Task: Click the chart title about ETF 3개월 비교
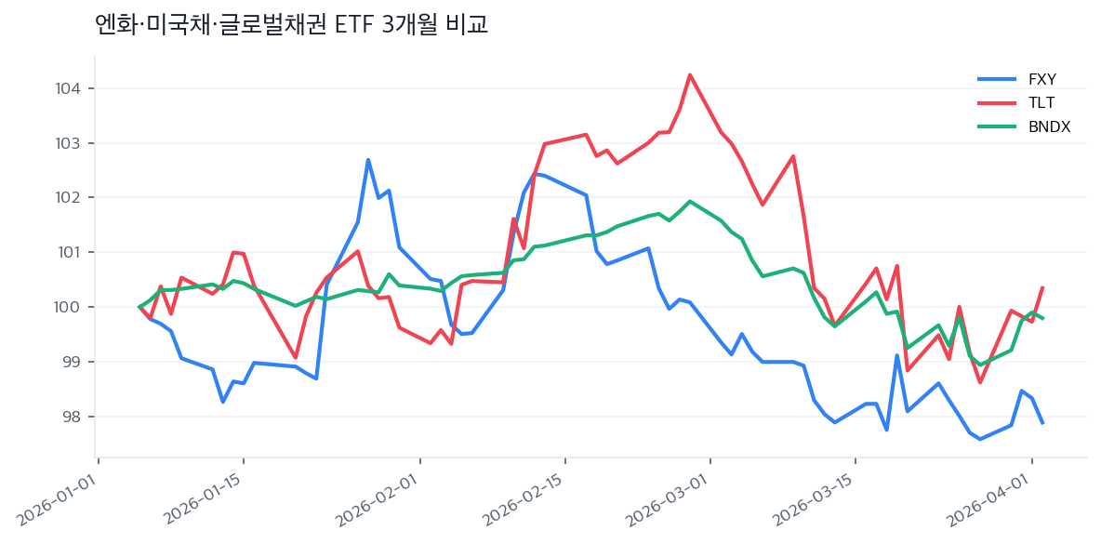pos(291,25)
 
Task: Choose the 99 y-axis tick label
pos(73,362)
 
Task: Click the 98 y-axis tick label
pos(73,417)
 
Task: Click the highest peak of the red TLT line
pos(689,74)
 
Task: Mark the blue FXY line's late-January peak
pos(368,159)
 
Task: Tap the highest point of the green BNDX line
pos(689,201)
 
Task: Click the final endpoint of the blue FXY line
pos(1042,424)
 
